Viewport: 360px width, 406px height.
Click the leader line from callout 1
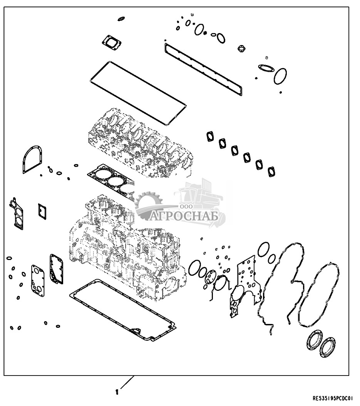click(x=127, y=383)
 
